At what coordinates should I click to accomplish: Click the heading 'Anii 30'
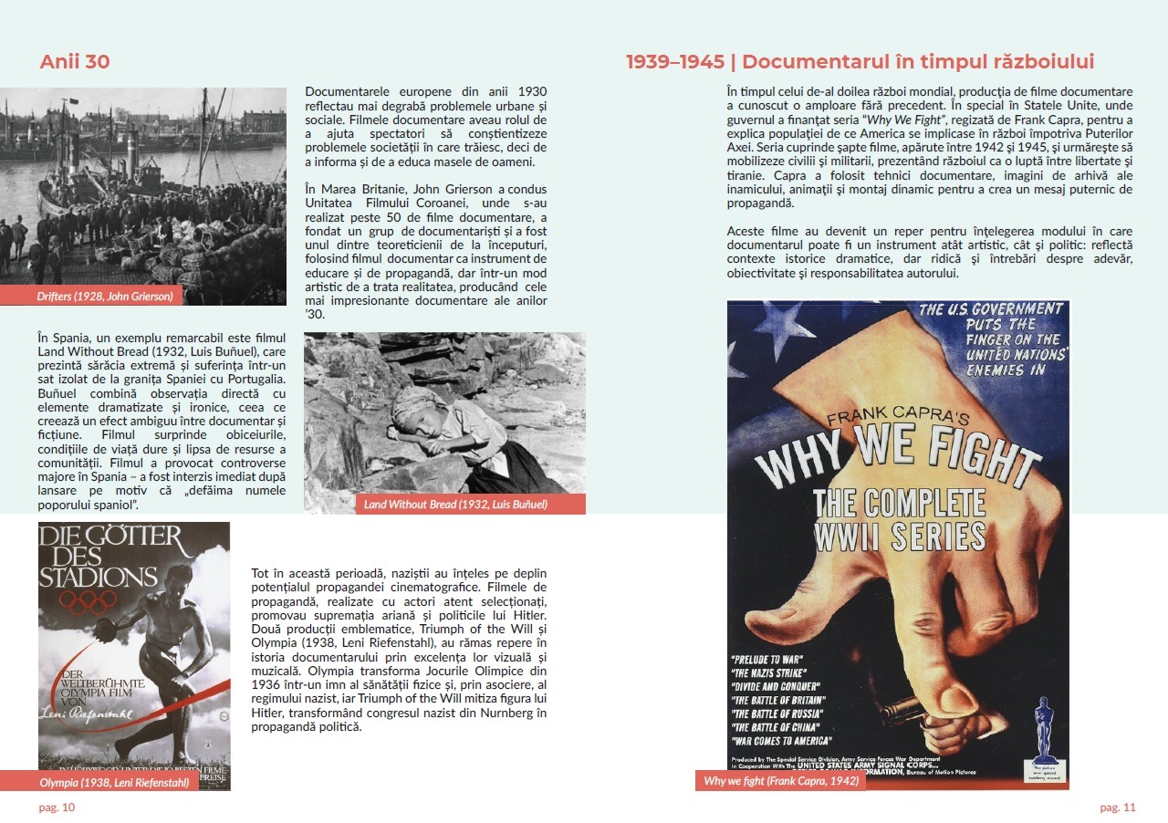point(75,62)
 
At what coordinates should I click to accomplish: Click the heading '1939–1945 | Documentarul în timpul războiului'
point(860,62)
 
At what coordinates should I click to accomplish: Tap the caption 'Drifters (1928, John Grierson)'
point(105,296)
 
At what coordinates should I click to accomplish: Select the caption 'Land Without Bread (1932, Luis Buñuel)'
point(455,504)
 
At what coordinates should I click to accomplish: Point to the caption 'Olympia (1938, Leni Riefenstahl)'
point(114,782)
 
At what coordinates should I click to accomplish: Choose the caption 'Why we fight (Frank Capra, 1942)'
point(779,781)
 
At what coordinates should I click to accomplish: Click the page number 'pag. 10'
point(57,807)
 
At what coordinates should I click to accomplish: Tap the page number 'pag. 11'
point(1118,807)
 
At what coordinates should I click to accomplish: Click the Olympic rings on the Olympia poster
point(86,603)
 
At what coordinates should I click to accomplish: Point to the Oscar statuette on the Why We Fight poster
point(1044,730)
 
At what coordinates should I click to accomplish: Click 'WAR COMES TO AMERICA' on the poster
point(781,741)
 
